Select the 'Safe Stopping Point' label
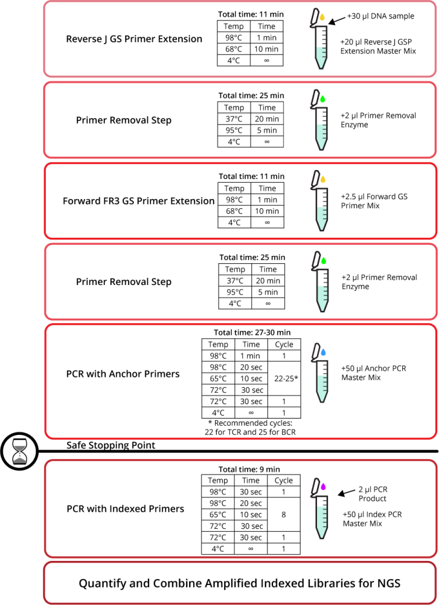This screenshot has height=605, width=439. click(x=111, y=446)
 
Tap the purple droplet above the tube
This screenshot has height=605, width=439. click(x=323, y=486)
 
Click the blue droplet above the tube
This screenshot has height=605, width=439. click(x=323, y=351)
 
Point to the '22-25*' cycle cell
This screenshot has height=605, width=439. click(x=284, y=378)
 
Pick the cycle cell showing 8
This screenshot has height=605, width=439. click(x=284, y=515)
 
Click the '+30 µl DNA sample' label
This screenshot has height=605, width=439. click(x=380, y=16)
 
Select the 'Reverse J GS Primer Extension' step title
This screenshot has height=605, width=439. click(x=134, y=39)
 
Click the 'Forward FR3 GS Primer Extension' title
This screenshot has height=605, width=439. click(x=139, y=201)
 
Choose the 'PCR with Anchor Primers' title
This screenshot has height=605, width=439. click(x=123, y=374)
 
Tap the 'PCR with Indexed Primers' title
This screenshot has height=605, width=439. click(x=125, y=509)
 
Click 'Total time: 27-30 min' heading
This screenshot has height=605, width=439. click(x=252, y=332)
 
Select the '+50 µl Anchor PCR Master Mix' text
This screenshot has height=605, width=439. click(x=374, y=373)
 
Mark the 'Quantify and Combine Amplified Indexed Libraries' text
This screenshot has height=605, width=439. click(x=240, y=584)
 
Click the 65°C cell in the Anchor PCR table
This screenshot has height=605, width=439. click(x=218, y=379)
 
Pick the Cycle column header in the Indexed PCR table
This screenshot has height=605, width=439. click(x=284, y=480)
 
